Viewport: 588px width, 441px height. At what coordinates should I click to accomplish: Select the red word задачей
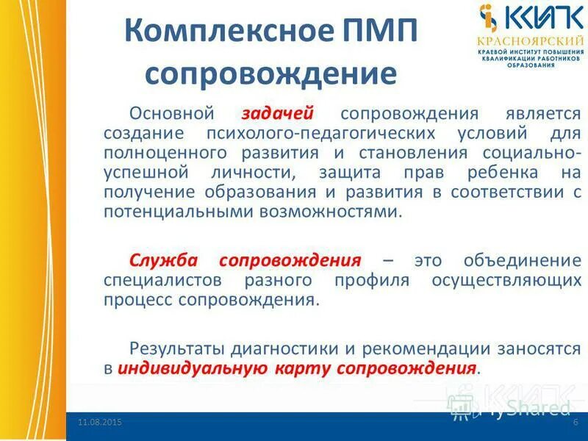pyautogui.click(x=278, y=114)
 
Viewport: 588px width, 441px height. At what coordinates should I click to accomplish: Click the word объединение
pyautogui.click(x=523, y=261)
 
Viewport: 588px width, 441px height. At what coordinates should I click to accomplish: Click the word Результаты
pyautogui.click(x=177, y=348)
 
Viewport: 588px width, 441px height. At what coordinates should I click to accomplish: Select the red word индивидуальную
pyautogui.click(x=189, y=367)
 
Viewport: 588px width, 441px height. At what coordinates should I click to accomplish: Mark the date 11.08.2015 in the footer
pyautogui.click(x=100, y=422)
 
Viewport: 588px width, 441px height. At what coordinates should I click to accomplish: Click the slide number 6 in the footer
pyautogui.click(x=576, y=422)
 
